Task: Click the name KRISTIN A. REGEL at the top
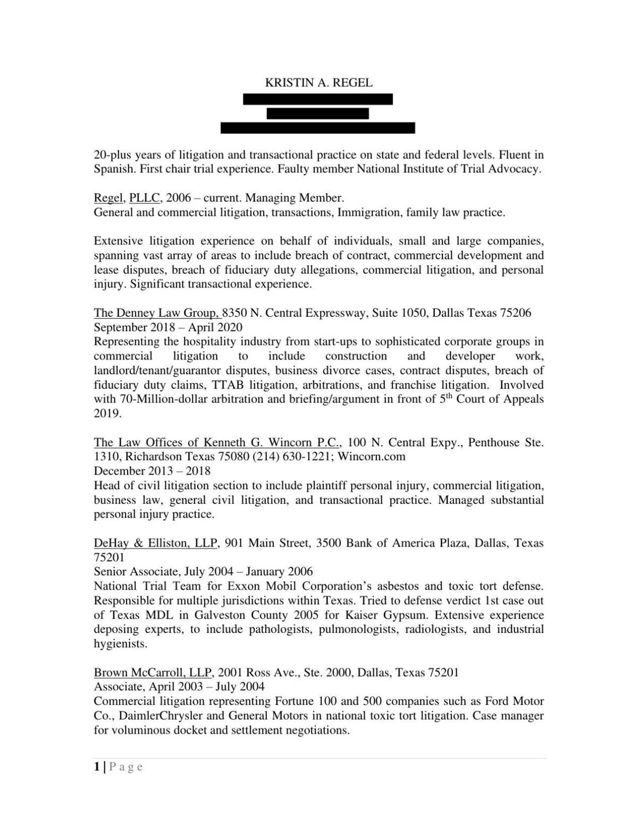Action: click(318, 83)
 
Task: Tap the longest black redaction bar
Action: click(317, 128)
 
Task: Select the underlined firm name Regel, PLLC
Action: click(128, 198)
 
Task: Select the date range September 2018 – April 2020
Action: click(168, 327)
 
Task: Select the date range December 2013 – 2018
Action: click(152, 471)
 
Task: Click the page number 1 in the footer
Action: click(97, 766)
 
